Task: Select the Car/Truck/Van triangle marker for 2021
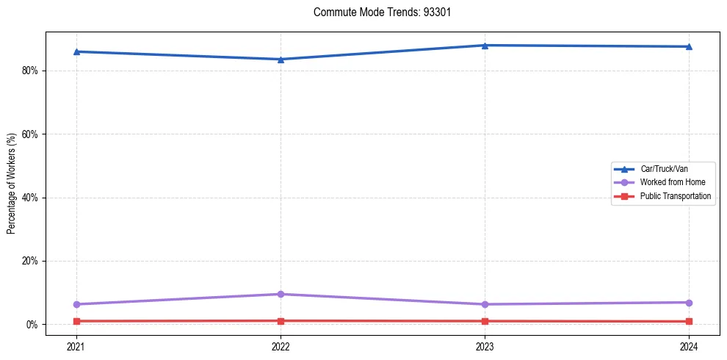pos(76,51)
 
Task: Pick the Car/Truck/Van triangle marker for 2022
pos(281,59)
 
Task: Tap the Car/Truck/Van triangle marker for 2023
pos(485,45)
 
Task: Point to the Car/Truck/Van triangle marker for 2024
pos(689,46)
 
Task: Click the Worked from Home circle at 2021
pos(76,304)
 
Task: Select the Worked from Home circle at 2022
pos(281,294)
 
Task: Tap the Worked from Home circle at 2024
pos(689,303)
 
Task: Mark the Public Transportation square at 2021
pos(76,321)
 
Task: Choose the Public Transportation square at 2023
pos(485,321)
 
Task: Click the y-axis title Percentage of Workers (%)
pos(12,184)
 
